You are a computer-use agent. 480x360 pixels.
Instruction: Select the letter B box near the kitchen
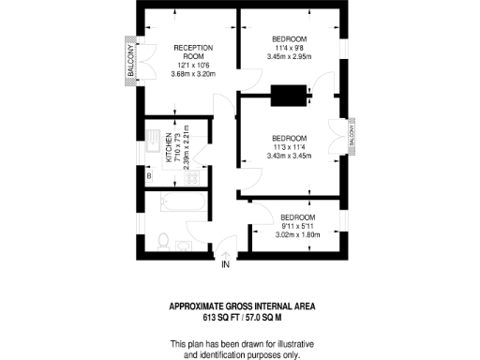(x=148, y=174)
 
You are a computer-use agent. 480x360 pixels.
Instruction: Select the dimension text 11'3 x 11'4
(x=289, y=145)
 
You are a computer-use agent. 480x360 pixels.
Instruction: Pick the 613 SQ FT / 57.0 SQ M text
(x=241, y=317)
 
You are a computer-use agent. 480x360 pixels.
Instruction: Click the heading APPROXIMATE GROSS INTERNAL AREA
(x=241, y=306)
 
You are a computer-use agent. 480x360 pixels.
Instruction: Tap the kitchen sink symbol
(x=154, y=137)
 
